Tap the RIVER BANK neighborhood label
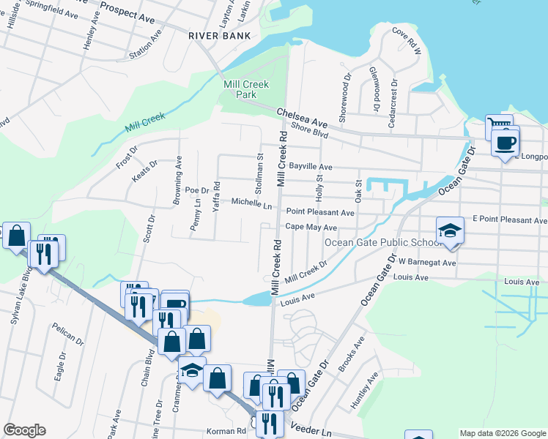[x=219, y=35]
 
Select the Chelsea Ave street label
[x=302, y=117]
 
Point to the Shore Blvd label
[x=310, y=130]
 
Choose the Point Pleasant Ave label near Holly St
[x=320, y=212]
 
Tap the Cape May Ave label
[x=311, y=227]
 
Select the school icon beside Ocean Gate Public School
[x=450, y=232]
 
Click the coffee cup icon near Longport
[x=505, y=143]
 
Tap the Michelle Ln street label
[x=252, y=203]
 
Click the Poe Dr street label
[x=197, y=190]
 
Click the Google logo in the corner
[x=24, y=430]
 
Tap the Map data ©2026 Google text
[x=503, y=433]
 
